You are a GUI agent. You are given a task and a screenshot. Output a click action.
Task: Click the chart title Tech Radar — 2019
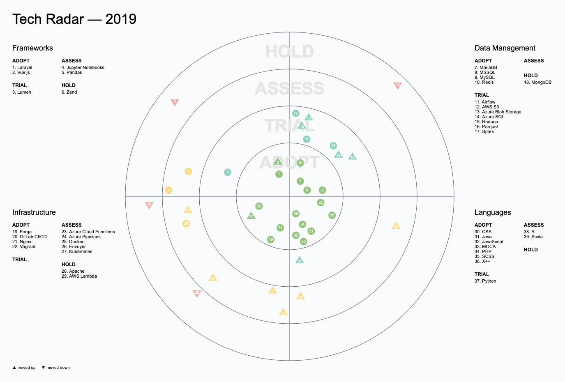click(74, 19)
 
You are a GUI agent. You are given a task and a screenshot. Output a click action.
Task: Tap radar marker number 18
click(397, 85)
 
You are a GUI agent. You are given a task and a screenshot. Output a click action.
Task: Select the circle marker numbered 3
click(228, 172)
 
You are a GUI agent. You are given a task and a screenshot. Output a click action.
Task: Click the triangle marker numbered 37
click(300, 260)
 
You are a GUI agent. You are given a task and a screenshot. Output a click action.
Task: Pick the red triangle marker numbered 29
click(149, 205)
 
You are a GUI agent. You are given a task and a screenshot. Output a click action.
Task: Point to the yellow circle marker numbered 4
click(168, 190)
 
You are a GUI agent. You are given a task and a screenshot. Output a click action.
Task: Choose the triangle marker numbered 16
click(352, 156)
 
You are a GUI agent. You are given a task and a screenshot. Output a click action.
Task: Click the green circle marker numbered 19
click(270, 239)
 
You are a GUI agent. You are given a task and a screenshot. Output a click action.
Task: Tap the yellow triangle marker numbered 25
click(283, 313)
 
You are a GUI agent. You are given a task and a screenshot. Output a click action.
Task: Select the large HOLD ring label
click(290, 52)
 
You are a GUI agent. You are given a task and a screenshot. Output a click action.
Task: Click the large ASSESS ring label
click(290, 89)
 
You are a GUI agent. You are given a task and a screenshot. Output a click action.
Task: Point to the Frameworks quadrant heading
click(32, 48)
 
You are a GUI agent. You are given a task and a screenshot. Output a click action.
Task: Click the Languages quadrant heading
click(493, 212)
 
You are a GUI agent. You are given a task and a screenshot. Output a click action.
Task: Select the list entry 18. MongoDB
click(537, 82)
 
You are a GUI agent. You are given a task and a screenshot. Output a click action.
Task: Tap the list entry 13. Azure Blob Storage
click(498, 112)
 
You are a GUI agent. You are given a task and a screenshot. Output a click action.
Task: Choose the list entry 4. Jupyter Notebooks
click(83, 67)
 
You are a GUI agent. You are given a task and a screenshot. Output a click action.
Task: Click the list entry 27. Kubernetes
click(77, 251)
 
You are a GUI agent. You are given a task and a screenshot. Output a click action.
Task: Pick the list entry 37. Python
click(485, 281)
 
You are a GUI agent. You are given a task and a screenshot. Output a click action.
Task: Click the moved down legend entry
click(56, 368)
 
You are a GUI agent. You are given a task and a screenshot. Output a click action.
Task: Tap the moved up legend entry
click(24, 368)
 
